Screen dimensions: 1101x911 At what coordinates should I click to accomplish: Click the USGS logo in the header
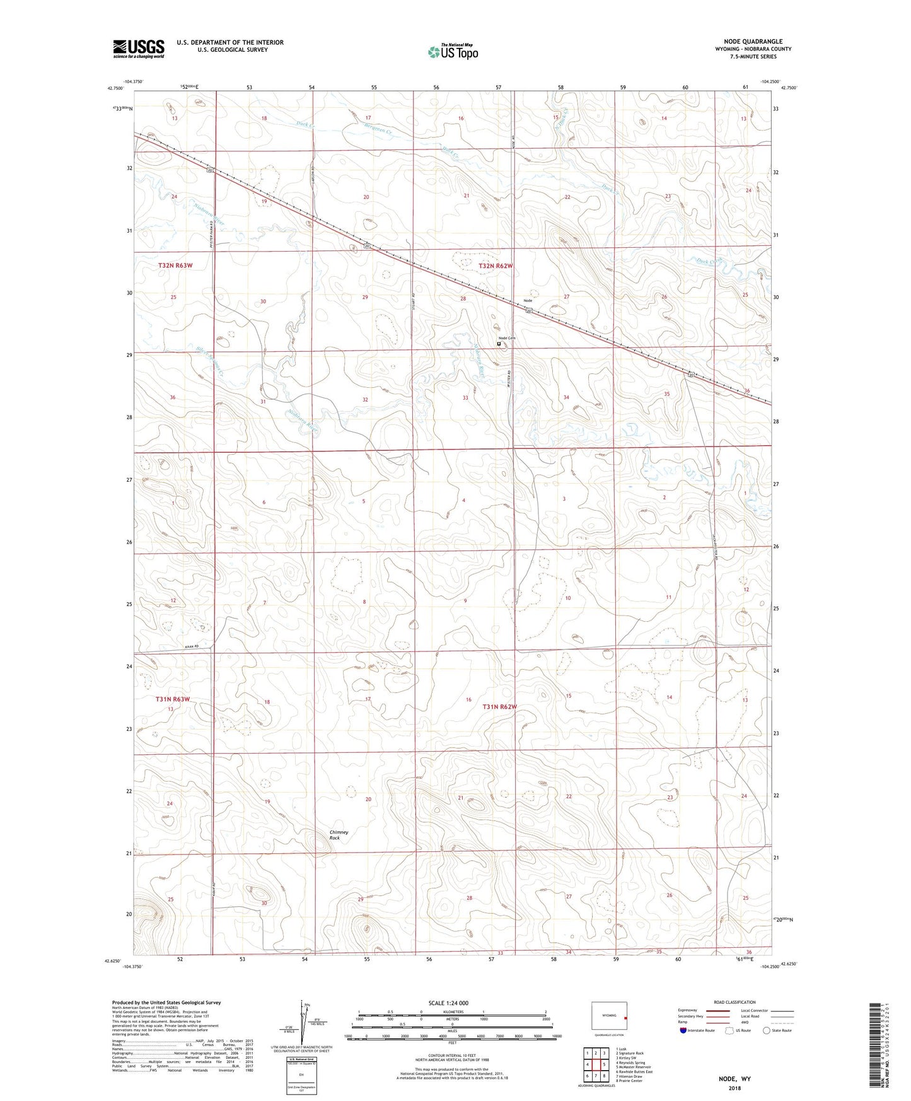pyautogui.click(x=139, y=49)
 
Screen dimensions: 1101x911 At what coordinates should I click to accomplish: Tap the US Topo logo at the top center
pyautogui.click(x=453, y=52)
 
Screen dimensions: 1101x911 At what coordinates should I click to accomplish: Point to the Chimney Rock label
pyautogui.click(x=339, y=835)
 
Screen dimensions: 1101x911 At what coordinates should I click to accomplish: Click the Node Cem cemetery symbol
pyautogui.click(x=499, y=344)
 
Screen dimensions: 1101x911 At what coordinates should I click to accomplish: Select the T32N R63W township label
pyautogui.click(x=175, y=265)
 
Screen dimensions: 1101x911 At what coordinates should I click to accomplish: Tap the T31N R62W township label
pyautogui.click(x=500, y=707)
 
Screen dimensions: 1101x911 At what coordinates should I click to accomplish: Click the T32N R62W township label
pyautogui.click(x=496, y=266)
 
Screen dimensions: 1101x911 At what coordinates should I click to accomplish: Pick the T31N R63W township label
pyautogui.click(x=173, y=699)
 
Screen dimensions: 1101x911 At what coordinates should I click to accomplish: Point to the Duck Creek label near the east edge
pyautogui.click(x=709, y=260)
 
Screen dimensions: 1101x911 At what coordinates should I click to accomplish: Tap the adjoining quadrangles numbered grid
pyautogui.click(x=595, y=1065)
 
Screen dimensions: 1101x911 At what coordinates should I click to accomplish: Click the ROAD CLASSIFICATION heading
pyautogui.click(x=734, y=1002)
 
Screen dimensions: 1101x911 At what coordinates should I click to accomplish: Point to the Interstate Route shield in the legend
pyautogui.click(x=684, y=1030)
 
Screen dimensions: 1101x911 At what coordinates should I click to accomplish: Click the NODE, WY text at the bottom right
pyautogui.click(x=734, y=1079)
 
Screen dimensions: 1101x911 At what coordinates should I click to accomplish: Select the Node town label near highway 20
pyautogui.click(x=528, y=301)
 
